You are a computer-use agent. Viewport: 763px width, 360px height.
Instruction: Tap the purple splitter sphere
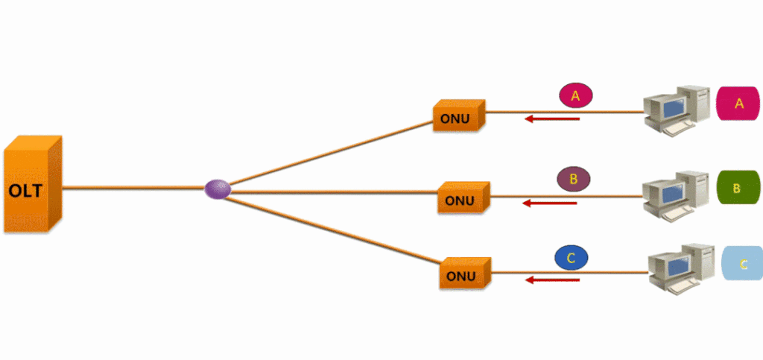click(x=218, y=189)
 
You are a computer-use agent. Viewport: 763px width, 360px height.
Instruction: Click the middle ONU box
click(x=463, y=198)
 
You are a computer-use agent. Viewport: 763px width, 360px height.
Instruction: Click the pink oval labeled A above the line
click(x=574, y=96)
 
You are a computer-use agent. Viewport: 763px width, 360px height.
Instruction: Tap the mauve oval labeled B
click(x=573, y=179)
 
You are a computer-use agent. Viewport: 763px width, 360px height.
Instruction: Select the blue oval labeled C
click(x=572, y=258)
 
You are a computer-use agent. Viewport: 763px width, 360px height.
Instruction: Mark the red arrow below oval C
click(x=552, y=280)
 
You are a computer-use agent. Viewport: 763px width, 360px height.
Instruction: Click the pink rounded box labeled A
click(x=738, y=104)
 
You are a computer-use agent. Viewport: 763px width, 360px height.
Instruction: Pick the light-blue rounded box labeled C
click(x=742, y=264)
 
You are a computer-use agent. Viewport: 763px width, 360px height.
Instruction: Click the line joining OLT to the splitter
click(x=134, y=189)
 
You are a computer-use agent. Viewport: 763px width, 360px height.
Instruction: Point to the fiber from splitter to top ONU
click(x=328, y=152)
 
